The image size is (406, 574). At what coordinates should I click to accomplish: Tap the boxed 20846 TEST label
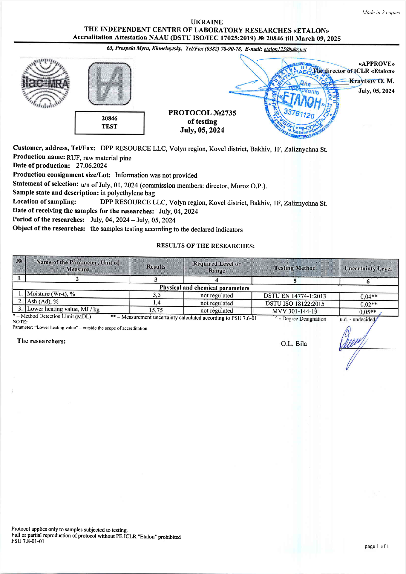109,123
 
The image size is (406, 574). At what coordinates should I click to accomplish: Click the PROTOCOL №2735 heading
202,113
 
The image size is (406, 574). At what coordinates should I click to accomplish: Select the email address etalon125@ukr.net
285,49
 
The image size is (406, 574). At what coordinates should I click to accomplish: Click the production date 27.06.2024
91,166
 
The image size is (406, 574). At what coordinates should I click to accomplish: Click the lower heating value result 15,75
156,310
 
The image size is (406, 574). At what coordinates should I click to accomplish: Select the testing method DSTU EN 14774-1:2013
295,296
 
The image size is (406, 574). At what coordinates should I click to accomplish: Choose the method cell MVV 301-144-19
295,311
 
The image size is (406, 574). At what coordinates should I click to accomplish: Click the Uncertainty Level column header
368,268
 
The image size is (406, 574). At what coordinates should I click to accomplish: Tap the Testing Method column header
295,268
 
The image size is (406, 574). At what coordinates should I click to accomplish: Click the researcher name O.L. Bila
294,344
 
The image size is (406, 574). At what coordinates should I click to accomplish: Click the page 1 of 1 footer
376,547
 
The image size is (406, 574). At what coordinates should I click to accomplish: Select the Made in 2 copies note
381,13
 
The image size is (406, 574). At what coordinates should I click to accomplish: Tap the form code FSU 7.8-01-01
28,541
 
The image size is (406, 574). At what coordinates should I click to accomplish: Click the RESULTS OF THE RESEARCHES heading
206,246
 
